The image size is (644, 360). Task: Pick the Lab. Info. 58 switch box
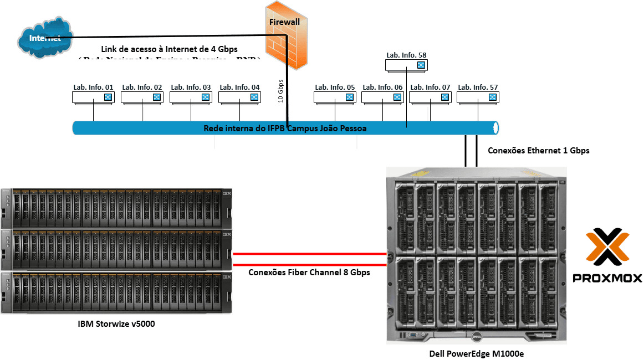pos(407,65)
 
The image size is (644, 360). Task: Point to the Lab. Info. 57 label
pos(478,87)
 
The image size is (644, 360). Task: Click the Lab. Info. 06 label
pos(382,87)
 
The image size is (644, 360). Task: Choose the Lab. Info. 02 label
pos(142,87)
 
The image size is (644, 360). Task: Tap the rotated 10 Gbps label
pos(280,91)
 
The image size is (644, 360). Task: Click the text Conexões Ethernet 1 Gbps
pos(538,150)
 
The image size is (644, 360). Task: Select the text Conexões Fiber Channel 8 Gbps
pos(309,272)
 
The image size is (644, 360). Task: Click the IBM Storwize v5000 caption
pos(116,323)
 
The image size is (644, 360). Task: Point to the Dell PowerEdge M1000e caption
pos(477,354)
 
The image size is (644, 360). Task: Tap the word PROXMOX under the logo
pos(607,277)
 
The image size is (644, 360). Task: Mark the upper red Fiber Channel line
pos(309,255)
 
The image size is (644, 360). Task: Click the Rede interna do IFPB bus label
pos(285,128)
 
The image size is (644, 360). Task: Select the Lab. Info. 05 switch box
pos(335,97)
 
